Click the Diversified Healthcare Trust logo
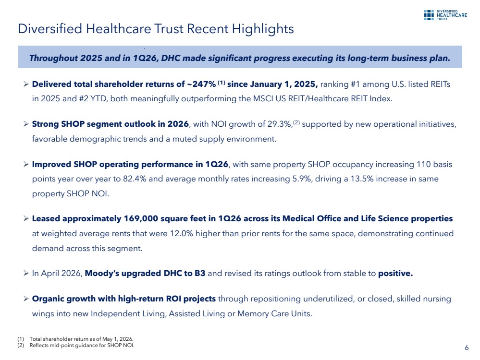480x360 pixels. pos(445,15)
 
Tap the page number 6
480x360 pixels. pos(467,348)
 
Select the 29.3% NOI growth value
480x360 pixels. pos(279,124)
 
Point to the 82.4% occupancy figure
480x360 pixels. pos(135,179)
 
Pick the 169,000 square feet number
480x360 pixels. pos(141,219)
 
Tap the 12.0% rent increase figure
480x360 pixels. pos(182,234)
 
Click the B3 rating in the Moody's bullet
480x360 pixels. pos(200,273)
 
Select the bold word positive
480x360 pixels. pos(395,274)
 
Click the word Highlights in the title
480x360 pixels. pos(263,29)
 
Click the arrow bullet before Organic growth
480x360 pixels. pos(26,299)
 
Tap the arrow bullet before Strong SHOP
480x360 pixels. pos(26,124)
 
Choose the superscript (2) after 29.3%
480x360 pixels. pos(296,122)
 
